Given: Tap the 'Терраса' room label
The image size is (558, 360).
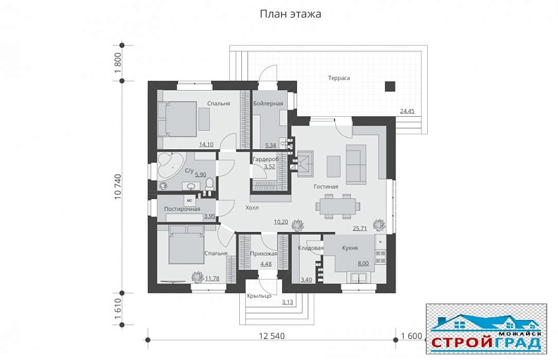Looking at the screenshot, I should click(339, 78).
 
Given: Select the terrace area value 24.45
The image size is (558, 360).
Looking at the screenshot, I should click(407, 111).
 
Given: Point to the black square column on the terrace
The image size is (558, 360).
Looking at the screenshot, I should click(389, 85).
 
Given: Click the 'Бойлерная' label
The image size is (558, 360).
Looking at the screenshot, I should click(268, 104).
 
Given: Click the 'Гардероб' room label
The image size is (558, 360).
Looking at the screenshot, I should click(266, 160).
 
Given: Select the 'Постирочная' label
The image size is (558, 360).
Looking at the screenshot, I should click(182, 209).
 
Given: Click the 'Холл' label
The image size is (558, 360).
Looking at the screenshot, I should click(252, 208).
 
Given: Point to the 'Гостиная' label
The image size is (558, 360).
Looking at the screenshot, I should click(326, 187).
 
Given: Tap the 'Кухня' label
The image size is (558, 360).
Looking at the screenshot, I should click(349, 248).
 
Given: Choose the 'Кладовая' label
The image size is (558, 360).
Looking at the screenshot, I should click(310, 248).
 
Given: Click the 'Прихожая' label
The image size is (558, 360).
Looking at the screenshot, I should click(264, 254).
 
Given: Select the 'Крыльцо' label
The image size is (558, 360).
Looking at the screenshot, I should click(259, 296).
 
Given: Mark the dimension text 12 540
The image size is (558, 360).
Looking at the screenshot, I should click(271, 337).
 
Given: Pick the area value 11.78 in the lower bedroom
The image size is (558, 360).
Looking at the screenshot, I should click(212, 279).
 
